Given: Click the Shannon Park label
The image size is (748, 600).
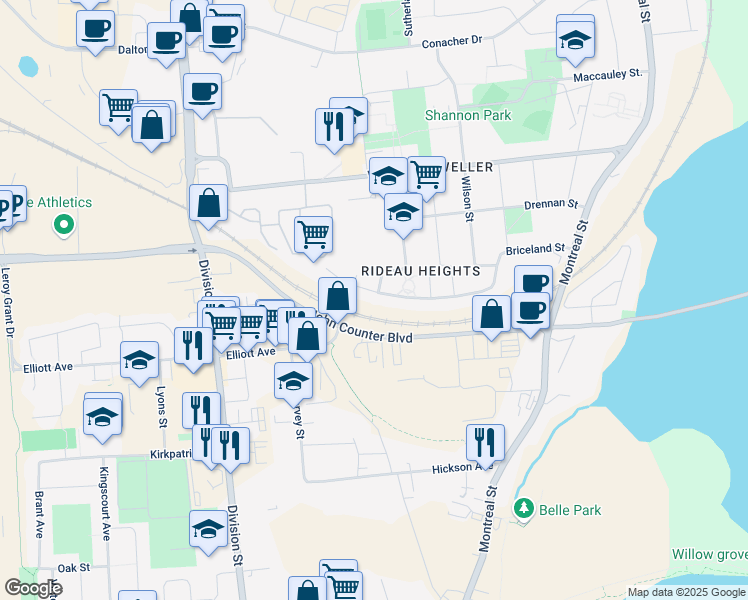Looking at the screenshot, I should (x=468, y=116).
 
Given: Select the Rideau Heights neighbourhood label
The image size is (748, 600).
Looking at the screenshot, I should (x=420, y=271).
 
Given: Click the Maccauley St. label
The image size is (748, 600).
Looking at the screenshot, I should (x=607, y=75).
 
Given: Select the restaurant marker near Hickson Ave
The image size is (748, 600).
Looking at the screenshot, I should (x=485, y=440).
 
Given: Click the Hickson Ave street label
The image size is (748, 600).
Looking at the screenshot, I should (x=463, y=467).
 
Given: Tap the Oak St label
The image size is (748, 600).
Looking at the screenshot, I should (x=74, y=567).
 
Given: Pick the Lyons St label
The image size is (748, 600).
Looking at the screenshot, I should (x=161, y=407).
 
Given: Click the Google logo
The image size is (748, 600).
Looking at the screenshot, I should (x=33, y=588).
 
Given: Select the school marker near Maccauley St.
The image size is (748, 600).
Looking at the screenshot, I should (x=575, y=41).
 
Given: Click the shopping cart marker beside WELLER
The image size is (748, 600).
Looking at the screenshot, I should (x=427, y=174).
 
